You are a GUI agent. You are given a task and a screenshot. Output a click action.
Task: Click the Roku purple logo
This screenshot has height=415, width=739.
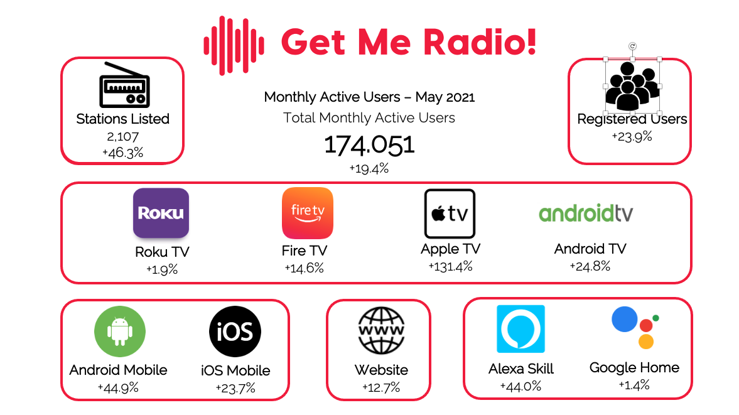point(161,213)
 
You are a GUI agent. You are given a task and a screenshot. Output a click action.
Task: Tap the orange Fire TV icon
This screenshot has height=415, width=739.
point(308,213)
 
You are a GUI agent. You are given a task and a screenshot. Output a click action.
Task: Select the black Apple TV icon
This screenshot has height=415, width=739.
point(450,213)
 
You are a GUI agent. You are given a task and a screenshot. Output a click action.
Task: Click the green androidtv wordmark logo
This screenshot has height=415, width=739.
point(586,213)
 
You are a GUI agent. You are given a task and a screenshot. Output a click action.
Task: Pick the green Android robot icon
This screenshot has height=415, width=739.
point(119,331)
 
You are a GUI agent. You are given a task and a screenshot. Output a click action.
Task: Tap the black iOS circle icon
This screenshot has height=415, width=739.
point(235,331)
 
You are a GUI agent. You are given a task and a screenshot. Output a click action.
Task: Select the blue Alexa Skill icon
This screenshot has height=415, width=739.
point(521,329)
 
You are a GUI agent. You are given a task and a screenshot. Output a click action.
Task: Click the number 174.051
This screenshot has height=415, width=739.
point(369,145)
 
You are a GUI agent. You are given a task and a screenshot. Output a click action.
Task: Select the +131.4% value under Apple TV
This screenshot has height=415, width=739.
point(450,266)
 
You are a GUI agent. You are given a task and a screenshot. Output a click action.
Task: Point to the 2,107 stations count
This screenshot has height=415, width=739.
point(123,136)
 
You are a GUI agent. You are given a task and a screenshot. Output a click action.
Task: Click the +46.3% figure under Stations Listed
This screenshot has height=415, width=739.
point(122,153)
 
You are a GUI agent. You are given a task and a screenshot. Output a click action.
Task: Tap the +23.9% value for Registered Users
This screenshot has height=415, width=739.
point(632,136)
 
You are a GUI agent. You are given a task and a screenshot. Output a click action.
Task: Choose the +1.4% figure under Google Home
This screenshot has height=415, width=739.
point(634,385)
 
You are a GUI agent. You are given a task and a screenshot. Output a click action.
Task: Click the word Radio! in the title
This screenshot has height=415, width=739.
point(480,42)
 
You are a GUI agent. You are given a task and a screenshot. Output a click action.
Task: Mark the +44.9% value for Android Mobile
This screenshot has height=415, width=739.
point(118,387)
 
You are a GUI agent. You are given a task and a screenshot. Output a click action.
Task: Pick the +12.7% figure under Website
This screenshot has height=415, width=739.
point(381,387)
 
